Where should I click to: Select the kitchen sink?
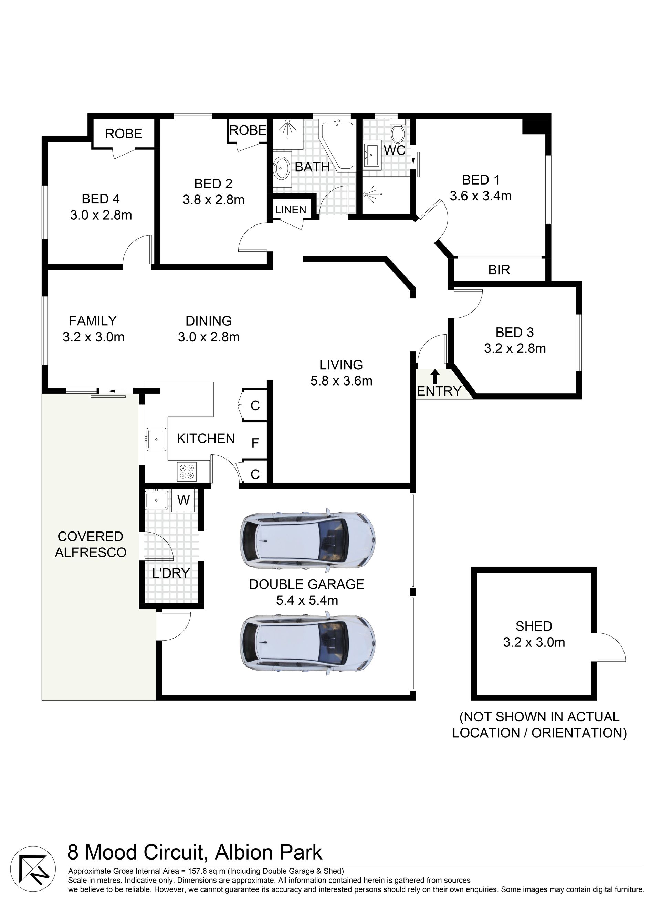tap(156, 439)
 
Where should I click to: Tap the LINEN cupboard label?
tap(291, 210)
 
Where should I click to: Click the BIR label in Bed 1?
tap(499, 270)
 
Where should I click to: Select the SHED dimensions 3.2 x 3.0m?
tap(534, 642)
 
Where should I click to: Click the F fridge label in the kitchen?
tap(255, 443)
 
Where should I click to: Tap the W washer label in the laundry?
tap(183, 500)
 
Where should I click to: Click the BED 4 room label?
tap(101, 199)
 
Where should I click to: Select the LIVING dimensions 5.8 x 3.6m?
tap(341, 381)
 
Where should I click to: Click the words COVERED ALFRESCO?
tap(91, 545)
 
